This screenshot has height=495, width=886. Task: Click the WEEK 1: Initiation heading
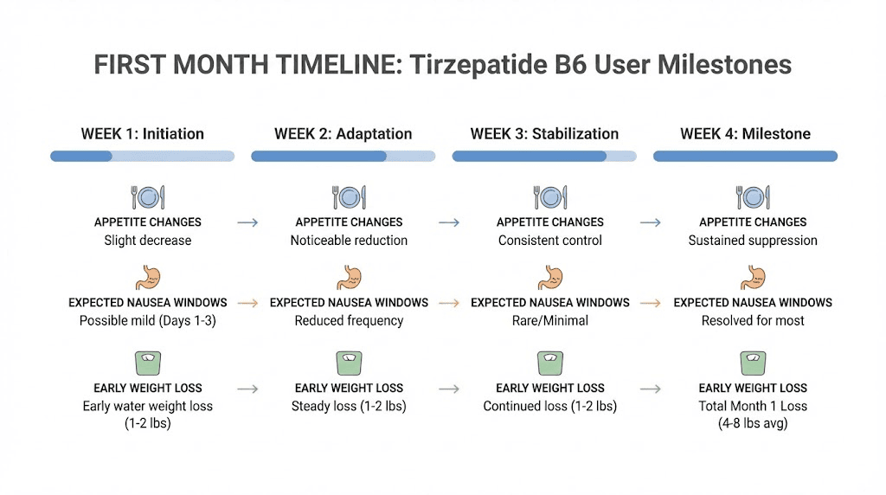(x=143, y=134)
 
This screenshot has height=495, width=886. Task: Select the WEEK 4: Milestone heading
(x=745, y=134)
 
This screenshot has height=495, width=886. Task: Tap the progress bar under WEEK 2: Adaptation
(x=343, y=157)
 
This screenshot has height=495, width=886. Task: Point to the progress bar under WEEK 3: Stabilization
(x=544, y=157)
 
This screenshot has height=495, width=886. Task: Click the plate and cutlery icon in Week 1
(x=148, y=197)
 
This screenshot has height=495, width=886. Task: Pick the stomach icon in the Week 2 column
(x=349, y=279)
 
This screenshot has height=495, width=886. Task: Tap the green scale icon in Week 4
(x=752, y=362)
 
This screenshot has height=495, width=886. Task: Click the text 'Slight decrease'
(x=148, y=241)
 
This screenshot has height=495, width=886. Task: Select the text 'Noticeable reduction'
(x=349, y=241)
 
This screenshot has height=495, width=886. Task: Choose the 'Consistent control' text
(x=550, y=241)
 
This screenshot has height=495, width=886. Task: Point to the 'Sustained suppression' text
(x=753, y=241)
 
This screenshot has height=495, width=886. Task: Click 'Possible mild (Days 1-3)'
(x=148, y=320)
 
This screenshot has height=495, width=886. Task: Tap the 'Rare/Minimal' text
(x=550, y=320)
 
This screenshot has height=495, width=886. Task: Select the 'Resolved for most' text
(x=753, y=320)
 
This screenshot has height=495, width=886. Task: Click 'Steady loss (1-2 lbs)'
(x=349, y=406)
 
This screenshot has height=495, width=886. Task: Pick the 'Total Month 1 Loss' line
(x=753, y=406)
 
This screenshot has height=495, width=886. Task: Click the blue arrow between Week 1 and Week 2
(x=248, y=222)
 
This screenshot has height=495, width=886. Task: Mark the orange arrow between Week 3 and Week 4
(x=651, y=303)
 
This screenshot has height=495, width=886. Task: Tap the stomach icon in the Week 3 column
(x=550, y=279)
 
